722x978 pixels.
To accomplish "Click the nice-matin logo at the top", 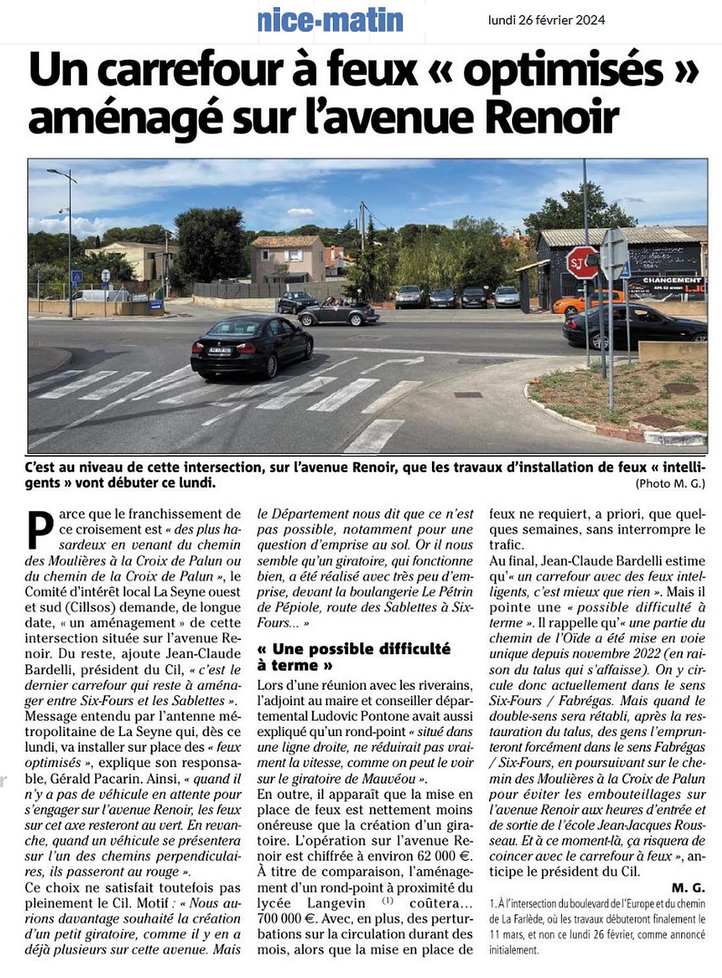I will pyautogui.click(x=330, y=20).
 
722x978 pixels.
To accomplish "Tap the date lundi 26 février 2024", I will pyautogui.click(x=546, y=20).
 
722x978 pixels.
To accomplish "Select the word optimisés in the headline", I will pyautogui.click(x=564, y=70).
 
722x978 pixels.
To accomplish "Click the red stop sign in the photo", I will pyautogui.click(x=582, y=262).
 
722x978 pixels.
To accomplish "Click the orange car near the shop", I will pyautogui.click(x=587, y=301).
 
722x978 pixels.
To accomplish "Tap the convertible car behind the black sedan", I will pyautogui.click(x=338, y=312).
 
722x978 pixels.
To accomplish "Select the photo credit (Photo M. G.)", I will pyautogui.click(x=670, y=483).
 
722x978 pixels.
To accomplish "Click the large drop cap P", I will pyautogui.click(x=40, y=530).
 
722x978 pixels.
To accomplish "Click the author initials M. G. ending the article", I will pyautogui.click(x=688, y=887).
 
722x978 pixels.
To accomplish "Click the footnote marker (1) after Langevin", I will pyautogui.click(x=387, y=901).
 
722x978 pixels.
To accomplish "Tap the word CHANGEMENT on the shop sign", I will pyautogui.click(x=672, y=280).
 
